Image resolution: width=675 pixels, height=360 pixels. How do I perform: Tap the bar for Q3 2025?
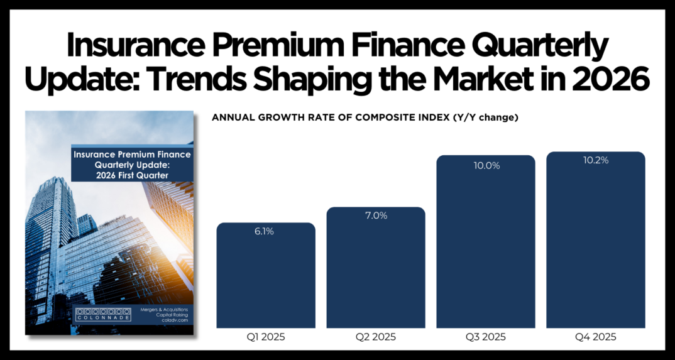(486, 245)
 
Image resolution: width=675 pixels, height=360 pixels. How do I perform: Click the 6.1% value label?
(265, 231)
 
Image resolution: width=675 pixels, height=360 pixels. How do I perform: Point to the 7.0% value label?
(376, 215)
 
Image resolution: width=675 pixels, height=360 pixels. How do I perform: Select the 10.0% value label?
(486, 166)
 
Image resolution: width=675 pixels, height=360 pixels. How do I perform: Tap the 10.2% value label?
(596, 160)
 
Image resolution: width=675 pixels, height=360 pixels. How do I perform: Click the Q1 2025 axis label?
(266, 337)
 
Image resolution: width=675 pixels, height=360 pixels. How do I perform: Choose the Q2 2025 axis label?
(376, 337)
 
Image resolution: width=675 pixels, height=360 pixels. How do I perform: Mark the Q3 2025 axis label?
(486, 337)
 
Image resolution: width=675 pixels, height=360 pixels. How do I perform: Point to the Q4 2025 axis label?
(596, 337)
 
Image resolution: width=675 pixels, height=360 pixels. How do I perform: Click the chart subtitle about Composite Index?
(365, 117)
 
